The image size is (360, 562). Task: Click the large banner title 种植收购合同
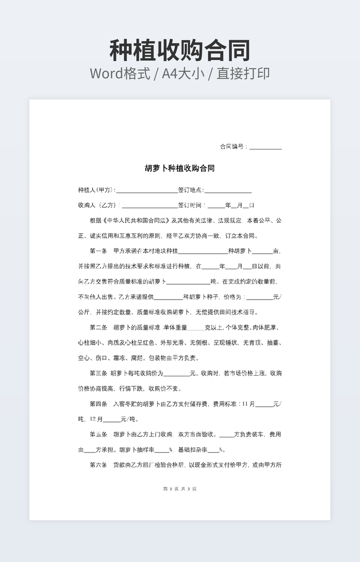179,51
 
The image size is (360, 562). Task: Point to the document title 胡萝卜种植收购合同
179,168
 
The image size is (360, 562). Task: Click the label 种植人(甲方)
96,190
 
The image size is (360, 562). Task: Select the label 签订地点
190,190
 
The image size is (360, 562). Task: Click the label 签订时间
191,205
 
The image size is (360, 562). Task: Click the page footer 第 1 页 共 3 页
179,489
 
